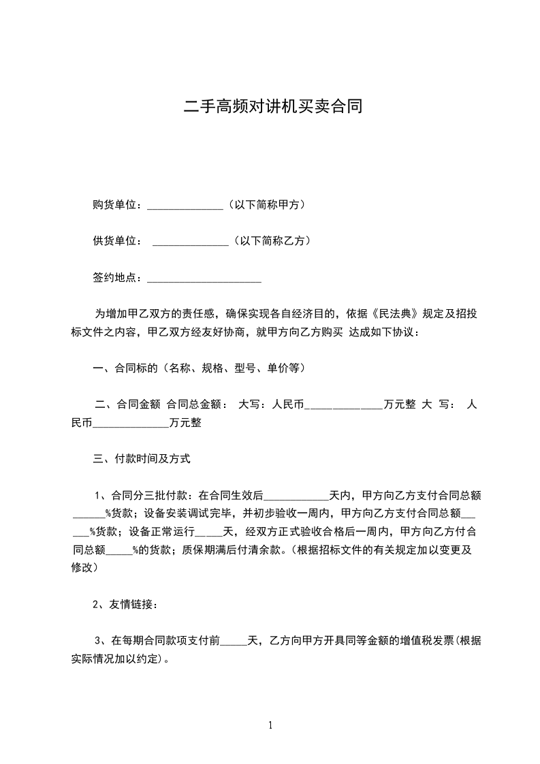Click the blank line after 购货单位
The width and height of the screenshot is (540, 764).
coord(185,206)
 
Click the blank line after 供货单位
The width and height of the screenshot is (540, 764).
coord(191,242)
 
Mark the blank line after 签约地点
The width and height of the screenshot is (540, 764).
coord(204,279)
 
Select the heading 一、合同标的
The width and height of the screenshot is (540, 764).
coord(125,368)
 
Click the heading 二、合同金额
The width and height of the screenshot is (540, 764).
coord(128,404)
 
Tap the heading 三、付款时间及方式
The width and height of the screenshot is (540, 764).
coord(141,459)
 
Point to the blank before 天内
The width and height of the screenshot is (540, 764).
coord(300,496)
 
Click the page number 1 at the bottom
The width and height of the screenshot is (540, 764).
coord(270,725)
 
